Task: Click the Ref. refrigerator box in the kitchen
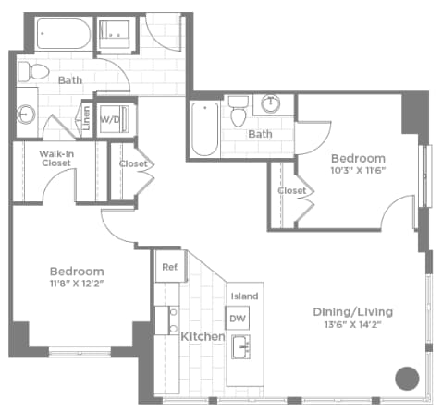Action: click(170, 267)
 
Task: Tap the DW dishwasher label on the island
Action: click(238, 319)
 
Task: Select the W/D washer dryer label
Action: click(110, 119)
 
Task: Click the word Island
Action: click(244, 296)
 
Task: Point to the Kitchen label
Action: click(203, 337)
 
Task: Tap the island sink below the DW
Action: click(242, 348)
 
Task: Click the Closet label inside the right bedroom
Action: click(291, 191)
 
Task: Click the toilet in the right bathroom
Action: click(239, 112)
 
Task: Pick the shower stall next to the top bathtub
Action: click(117, 32)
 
